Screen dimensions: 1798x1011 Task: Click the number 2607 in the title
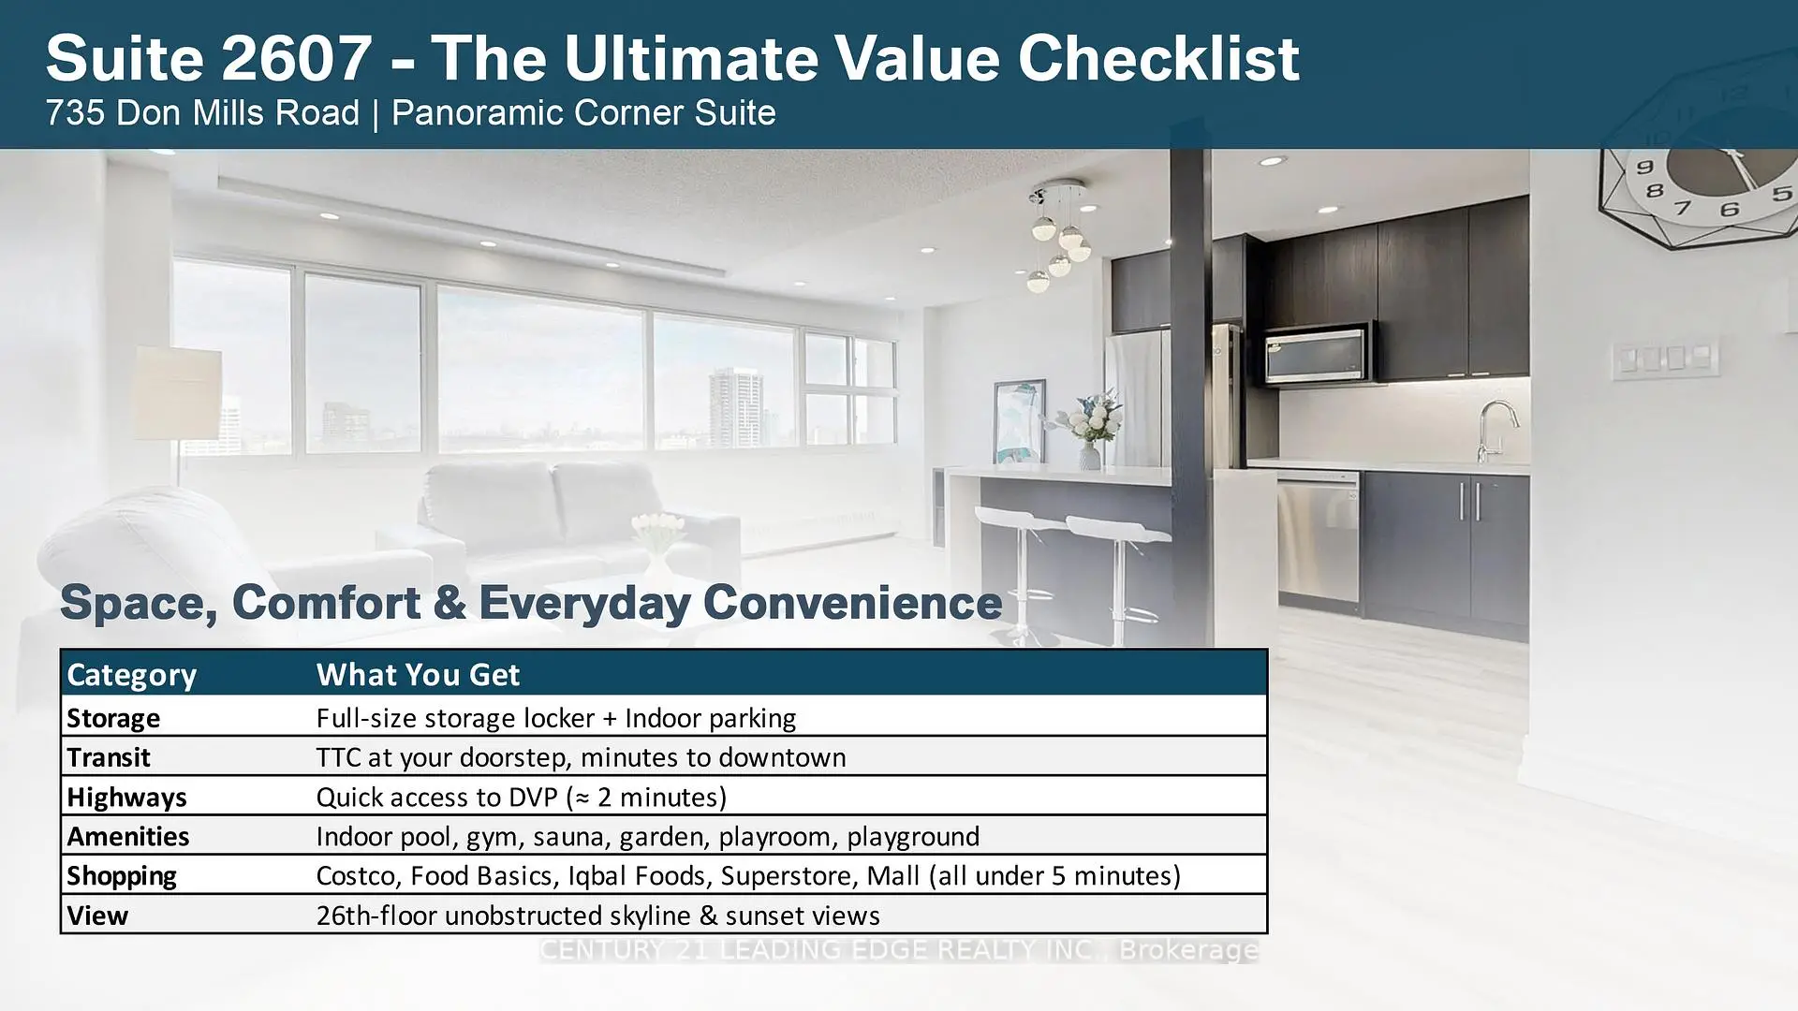coord(296,58)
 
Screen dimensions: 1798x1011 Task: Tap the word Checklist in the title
coord(1158,58)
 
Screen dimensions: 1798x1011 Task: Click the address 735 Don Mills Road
coord(202,113)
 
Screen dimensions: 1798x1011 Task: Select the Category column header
coord(131,674)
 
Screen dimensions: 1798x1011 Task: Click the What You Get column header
coord(418,674)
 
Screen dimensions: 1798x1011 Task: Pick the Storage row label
coord(113,718)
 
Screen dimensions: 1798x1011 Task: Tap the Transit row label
coord(109,757)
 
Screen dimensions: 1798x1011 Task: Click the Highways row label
coord(126,798)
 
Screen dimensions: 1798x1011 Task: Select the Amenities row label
coord(128,836)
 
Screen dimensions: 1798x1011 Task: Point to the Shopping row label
coord(122,876)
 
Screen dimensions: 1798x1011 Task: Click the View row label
coord(97,916)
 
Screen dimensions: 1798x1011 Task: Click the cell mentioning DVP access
coord(522,798)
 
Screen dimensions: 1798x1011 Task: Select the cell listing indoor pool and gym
coord(648,837)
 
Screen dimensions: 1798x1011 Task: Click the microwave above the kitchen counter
coord(1317,354)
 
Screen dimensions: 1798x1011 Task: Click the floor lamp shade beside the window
coord(177,393)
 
